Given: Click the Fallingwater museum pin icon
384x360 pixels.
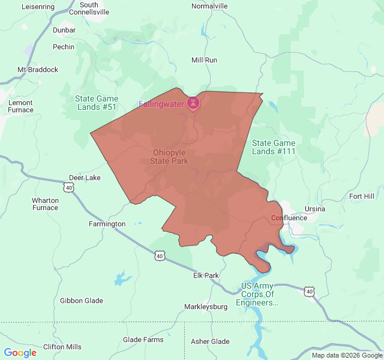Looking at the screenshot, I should click(x=193, y=103).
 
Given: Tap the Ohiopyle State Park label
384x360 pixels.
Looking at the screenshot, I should click(x=170, y=157).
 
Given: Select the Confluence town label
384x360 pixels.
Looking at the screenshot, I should click(x=289, y=218).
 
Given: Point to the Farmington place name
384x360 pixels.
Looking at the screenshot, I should click(x=107, y=224).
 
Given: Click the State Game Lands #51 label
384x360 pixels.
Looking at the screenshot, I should click(x=96, y=103).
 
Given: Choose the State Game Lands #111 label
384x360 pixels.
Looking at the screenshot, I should click(x=274, y=147).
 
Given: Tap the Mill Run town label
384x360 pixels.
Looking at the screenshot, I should click(x=204, y=60).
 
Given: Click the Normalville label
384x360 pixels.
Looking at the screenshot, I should click(x=209, y=6).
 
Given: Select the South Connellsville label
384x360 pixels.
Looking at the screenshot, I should click(x=89, y=8).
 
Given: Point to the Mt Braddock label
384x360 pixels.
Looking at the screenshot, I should click(x=38, y=70).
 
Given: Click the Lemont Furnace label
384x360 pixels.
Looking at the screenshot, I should click(x=20, y=106).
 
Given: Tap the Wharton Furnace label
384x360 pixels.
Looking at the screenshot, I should click(x=45, y=204).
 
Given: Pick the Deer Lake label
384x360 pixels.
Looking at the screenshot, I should click(x=85, y=178).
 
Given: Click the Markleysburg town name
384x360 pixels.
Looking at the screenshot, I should click(x=206, y=307).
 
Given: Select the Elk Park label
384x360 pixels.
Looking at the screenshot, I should click(x=206, y=275).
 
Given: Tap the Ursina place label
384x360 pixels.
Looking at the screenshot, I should click(x=315, y=209).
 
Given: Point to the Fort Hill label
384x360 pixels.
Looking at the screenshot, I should click(x=361, y=196).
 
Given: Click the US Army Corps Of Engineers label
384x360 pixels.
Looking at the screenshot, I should click(x=257, y=294).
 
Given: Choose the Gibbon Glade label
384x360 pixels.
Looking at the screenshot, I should click(x=82, y=301).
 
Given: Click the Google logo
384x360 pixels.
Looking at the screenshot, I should click(x=20, y=353).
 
